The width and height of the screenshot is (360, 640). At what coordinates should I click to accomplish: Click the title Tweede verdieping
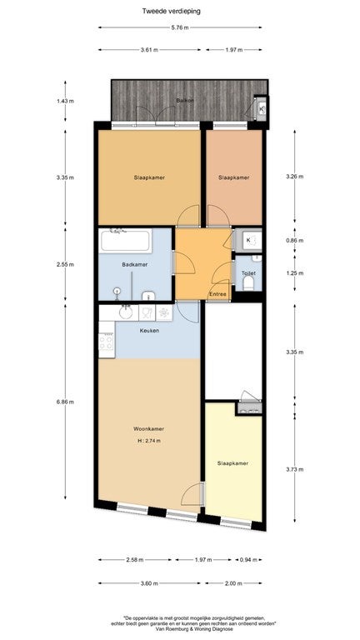tap(171, 12)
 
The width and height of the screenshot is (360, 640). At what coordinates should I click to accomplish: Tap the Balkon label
tap(185, 100)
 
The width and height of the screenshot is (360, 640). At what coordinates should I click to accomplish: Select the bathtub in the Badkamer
tap(125, 241)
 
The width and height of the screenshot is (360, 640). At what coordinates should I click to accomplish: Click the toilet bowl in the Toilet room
tap(248, 283)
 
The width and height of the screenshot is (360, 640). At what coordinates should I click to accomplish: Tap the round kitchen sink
tap(126, 312)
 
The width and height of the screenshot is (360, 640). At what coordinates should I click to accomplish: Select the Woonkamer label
tap(148, 428)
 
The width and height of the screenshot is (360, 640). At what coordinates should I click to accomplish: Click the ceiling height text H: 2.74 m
tap(149, 440)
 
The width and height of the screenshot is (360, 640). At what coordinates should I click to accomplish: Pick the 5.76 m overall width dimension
tap(180, 27)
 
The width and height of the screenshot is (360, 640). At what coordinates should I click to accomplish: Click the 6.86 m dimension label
tap(65, 402)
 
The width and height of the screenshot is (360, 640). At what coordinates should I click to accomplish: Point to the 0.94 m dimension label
tap(246, 560)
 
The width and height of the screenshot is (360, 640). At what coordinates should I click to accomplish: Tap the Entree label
tap(217, 294)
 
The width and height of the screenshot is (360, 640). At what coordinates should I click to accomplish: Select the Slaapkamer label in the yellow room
tap(232, 463)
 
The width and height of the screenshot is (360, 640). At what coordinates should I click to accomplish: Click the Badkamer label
tap(135, 264)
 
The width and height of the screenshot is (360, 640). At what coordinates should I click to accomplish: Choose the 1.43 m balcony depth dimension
tap(65, 101)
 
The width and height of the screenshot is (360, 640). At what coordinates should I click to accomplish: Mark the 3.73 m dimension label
tap(295, 469)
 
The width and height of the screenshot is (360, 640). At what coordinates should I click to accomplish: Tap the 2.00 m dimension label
tap(233, 583)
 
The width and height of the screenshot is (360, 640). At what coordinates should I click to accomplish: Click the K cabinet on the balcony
tap(261, 109)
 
